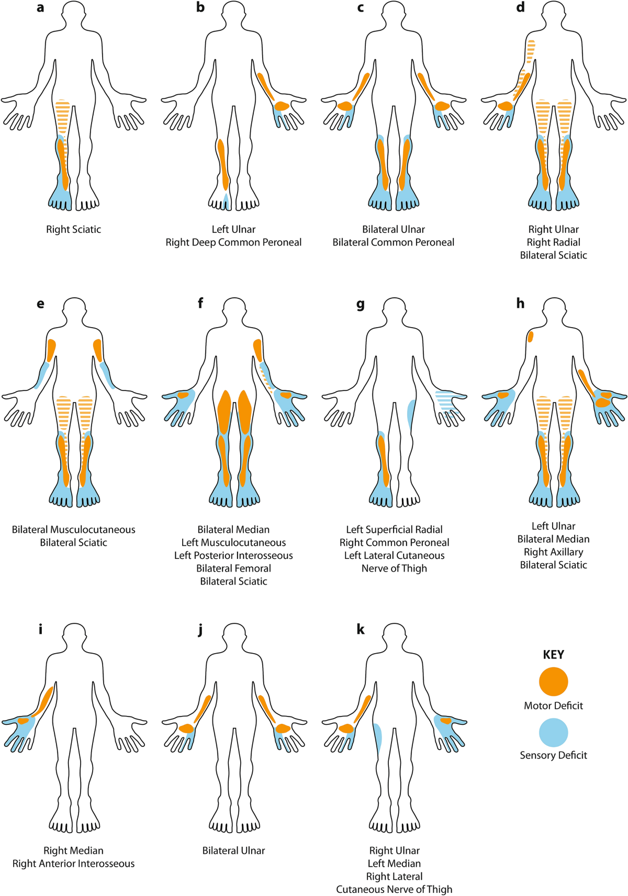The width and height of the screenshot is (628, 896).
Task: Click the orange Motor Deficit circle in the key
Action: tap(553, 681)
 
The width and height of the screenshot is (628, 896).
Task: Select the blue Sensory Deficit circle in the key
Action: tap(553, 732)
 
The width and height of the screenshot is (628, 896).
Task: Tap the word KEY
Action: tap(553, 655)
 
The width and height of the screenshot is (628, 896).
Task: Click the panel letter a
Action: tap(40, 8)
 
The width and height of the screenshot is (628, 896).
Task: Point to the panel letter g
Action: tap(360, 304)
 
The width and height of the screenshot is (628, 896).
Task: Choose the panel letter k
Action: tap(361, 629)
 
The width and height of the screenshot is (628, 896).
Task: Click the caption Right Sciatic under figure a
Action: tap(73, 229)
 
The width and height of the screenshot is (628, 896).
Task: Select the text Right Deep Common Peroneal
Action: tap(233, 242)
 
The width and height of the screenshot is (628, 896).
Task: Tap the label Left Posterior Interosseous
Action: tap(233, 555)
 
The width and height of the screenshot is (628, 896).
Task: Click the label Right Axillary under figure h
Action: tap(553, 552)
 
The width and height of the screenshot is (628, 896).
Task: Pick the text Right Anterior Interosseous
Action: tap(73, 864)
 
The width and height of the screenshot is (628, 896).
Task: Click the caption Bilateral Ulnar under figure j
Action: tap(233, 850)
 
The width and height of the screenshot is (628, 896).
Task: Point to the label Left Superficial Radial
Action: tap(394, 530)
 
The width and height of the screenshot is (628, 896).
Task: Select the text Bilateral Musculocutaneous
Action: tap(73, 530)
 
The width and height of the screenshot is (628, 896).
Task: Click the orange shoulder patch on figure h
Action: tap(530, 337)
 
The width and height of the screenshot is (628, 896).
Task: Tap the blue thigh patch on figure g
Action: tap(411, 413)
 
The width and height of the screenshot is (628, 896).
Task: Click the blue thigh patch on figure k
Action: tap(377, 738)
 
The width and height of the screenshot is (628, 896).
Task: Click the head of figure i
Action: tap(74, 636)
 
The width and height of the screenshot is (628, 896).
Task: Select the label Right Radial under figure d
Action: tap(553, 242)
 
